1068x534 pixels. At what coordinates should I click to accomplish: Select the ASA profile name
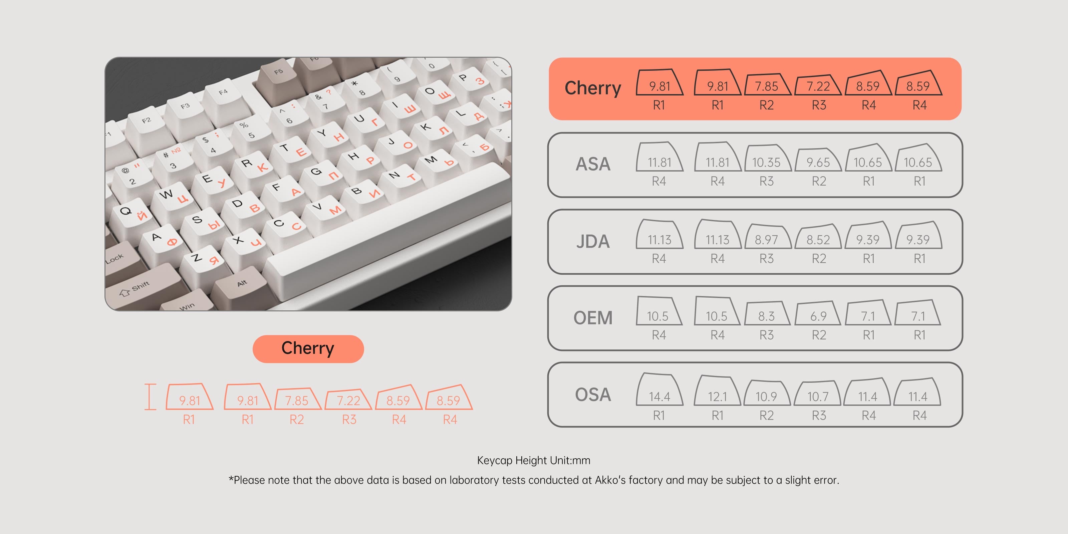(593, 164)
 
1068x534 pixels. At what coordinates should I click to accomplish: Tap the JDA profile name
(593, 241)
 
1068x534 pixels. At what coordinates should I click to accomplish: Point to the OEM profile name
(593, 318)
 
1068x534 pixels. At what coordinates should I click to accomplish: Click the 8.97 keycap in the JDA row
(766, 238)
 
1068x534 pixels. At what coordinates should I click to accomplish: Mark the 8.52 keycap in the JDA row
(818, 238)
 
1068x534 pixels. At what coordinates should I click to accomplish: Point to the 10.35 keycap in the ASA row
(766, 160)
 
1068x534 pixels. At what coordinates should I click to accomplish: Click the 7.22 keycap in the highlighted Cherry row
(818, 85)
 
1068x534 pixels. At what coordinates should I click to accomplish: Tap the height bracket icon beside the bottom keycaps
(150, 397)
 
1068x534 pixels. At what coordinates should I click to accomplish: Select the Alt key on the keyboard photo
(242, 284)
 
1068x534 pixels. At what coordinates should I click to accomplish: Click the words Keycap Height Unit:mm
(534, 460)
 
